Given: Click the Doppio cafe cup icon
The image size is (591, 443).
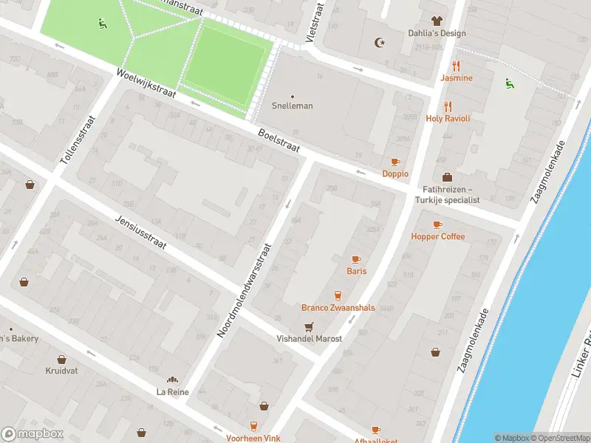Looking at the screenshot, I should [x=395, y=162].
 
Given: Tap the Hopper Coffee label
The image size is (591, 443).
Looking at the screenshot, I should [x=437, y=236].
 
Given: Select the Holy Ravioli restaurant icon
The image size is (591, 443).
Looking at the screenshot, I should [x=448, y=107].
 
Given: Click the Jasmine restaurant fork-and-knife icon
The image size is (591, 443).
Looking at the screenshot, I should [x=456, y=66].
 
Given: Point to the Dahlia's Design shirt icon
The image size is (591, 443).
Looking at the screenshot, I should [x=437, y=21].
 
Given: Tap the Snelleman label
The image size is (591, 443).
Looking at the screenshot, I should [x=293, y=106].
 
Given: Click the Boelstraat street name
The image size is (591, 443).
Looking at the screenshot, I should [x=279, y=140].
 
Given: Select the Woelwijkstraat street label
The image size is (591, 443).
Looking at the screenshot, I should [x=145, y=86].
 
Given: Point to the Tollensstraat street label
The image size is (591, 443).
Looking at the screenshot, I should [x=76, y=139].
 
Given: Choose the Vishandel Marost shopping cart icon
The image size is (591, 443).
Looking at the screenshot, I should [x=309, y=326].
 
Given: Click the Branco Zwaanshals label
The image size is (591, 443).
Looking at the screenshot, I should [x=338, y=308].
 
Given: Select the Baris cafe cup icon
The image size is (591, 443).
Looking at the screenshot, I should [x=356, y=259].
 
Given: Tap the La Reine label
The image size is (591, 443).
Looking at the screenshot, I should [x=172, y=391].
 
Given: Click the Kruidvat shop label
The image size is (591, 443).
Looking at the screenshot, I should [x=61, y=371].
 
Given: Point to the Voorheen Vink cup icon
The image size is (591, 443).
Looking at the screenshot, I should [x=253, y=426].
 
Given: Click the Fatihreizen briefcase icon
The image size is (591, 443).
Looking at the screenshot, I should [x=448, y=177].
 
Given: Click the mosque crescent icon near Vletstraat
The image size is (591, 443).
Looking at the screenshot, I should [x=380, y=43].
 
